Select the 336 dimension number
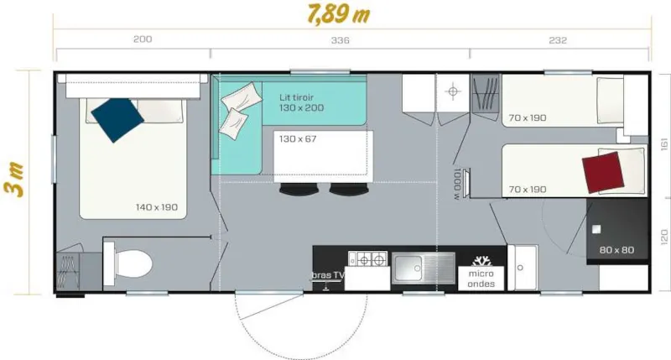pyautogui.click(x=340, y=40)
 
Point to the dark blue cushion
pyautogui.click(x=116, y=119)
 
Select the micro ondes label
pyautogui.click(x=481, y=279)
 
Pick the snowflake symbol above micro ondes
pyautogui.click(x=481, y=260)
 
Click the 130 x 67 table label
pyautogui.click(x=297, y=138)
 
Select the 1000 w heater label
pyautogui.click(x=456, y=184)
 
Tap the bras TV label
pyautogui.click(x=328, y=275)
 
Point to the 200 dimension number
pyautogui.click(x=143, y=40)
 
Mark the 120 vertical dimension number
pyautogui.click(x=662, y=239)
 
